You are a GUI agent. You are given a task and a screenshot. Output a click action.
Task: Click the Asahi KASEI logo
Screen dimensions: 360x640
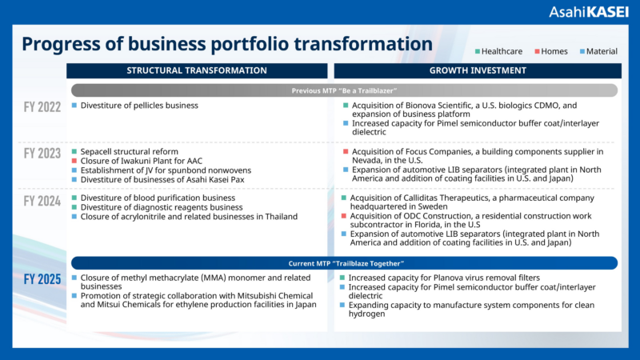[x=584, y=12]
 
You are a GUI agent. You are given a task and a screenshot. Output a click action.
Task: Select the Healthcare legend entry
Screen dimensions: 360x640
[x=498, y=51]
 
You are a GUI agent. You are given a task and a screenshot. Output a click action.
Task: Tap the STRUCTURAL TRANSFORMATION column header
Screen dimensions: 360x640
[x=197, y=70]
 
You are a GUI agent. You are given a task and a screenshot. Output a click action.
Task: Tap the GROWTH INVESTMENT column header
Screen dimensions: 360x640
[x=477, y=70]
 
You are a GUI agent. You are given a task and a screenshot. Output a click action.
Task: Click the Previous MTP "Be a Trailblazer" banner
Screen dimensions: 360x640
[x=344, y=90]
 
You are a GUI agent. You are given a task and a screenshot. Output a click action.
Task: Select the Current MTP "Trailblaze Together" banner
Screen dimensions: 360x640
[x=344, y=263]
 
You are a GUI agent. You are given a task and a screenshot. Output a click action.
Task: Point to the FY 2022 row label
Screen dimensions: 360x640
[x=42, y=106]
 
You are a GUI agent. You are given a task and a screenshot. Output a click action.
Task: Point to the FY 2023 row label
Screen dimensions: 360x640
[x=42, y=153]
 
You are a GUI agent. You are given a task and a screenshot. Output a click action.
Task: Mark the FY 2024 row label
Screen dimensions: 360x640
[x=42, y=200]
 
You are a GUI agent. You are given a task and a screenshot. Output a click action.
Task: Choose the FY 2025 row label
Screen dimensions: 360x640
[x=42, y=279]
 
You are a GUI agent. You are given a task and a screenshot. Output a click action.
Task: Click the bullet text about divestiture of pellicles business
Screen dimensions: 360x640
[x=139, y=106]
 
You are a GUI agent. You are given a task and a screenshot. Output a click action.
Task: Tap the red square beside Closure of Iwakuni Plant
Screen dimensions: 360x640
[x=74, y=161]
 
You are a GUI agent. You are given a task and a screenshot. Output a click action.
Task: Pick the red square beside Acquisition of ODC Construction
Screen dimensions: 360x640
[x=345, y=216]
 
